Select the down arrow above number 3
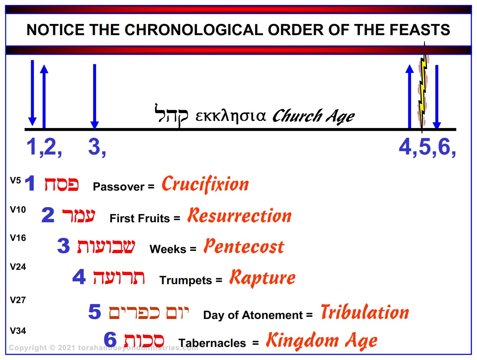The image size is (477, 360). tap(95, 97)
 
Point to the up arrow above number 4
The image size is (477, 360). tap(409, 96)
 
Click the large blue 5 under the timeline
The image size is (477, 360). tap(425, 147)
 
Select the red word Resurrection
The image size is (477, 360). tap(240, 215)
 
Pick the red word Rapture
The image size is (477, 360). tap(262, 278)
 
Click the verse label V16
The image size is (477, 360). tap(18, 238)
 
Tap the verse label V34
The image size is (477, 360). tap(18, 331)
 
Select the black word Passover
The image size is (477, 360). tap(119, 187)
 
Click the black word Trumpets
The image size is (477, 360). tap(185, 280)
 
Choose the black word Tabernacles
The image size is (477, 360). tap(212, 343)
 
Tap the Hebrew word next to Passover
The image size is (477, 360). tap(62, 184)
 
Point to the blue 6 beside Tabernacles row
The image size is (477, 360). tap(110, 339)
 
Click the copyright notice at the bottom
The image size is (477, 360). tap(103, 348)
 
